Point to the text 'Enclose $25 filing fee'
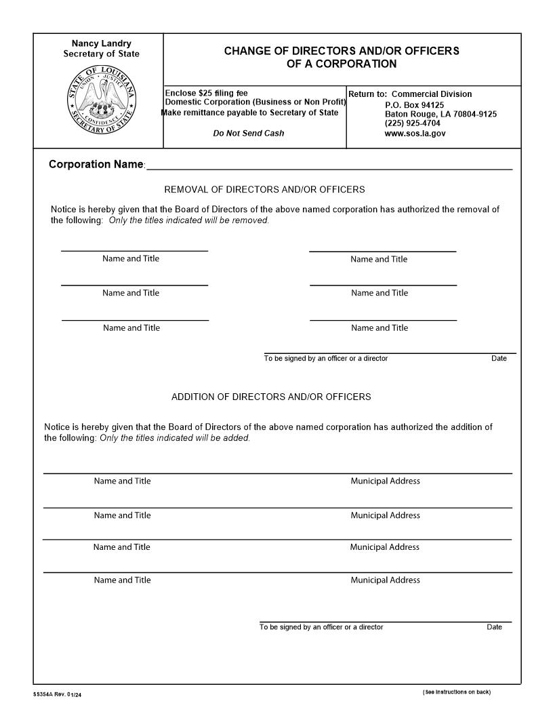click(x=207, y=93)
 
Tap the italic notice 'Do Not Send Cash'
click(x=249, y=133)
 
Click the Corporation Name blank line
click(x=329, y=165)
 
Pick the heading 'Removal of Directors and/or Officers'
click(x=264, y=190)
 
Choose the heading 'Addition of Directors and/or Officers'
click(x=271, y=397)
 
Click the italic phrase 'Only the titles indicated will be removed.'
click(x=189, y=220)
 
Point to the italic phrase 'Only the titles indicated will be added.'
click(x=175, y=438)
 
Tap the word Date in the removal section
click(x=499, y=359)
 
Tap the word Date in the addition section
click(x=494, y=627)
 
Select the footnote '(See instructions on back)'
click(x=456, y=692)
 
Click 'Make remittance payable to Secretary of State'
click(x=250, y=113)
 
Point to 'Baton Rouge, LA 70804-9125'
click(x=441, y=114)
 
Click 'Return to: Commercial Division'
click(x=410, y=94)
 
